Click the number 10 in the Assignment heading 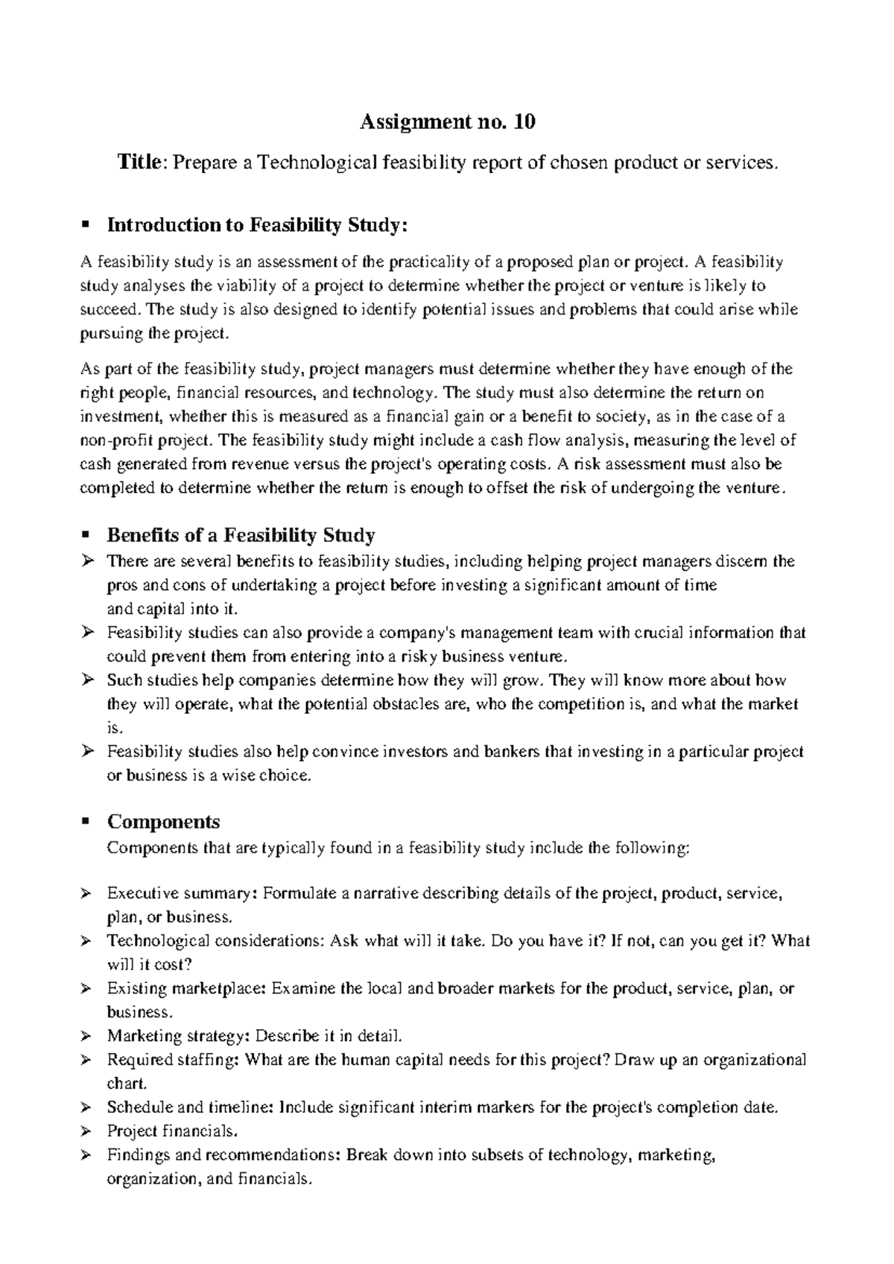coord(524,122)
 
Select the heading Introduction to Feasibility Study coord(258,225)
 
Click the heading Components coord(163,822)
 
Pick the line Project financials coord(172,1131)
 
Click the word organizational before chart coord(753,1060)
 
